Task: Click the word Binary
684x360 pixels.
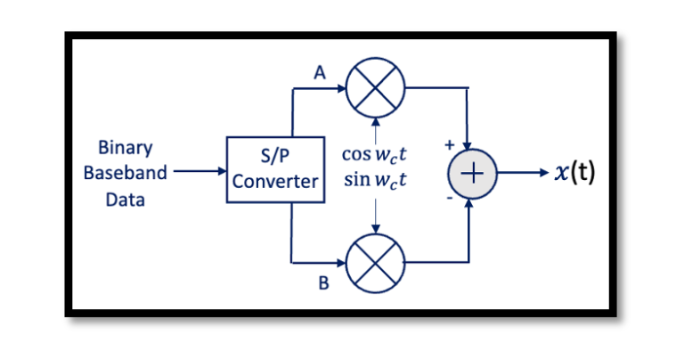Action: [x=125, y=147]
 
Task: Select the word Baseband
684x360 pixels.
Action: [x=125, y=173]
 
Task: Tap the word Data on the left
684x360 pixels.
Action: [x=125, y=200]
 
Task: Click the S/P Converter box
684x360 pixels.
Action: [x=274, y=169]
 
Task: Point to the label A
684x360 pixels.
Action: [x=319, y=75]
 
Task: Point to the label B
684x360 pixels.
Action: [x=323, y=284]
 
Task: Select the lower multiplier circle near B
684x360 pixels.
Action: [x=375, y=263]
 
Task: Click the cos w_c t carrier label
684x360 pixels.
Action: [x=375, y=154]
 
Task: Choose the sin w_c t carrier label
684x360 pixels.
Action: [x=375, y=181]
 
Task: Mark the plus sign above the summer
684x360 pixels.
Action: [x=449, y=143]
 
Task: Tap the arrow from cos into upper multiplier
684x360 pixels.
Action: [x=375, y=127]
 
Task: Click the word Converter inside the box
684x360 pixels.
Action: [x=274, y=182]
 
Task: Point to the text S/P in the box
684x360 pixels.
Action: [x=274, y=157]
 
